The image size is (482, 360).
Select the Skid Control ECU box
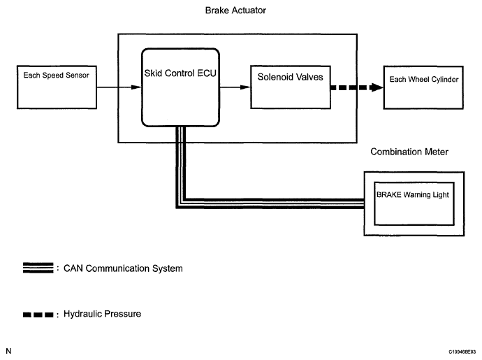[180, 87]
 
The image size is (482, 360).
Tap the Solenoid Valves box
[290, 87]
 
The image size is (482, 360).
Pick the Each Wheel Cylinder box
[424, 87]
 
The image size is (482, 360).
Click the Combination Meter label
[409, 152]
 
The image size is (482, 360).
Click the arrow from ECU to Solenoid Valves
[235, 87]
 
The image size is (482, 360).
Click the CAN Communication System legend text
[124, 268]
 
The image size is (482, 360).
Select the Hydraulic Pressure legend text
[102, 314]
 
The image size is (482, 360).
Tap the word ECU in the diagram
[204, 73]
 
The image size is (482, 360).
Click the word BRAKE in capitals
[390, 194]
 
